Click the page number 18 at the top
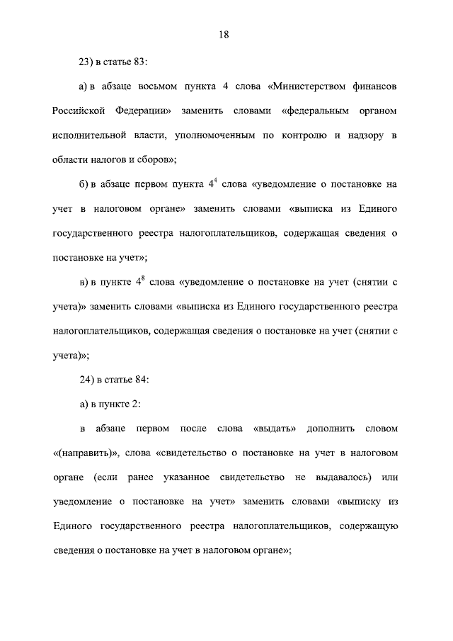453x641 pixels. [x=226, y=34]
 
